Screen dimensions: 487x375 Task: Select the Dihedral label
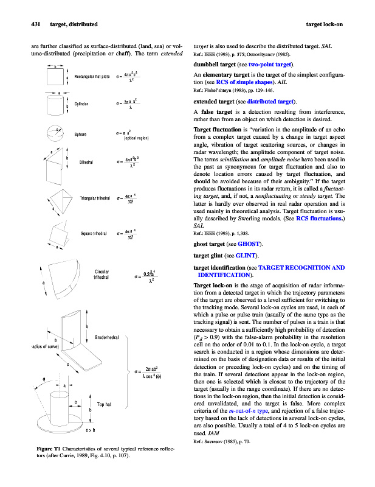80,162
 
